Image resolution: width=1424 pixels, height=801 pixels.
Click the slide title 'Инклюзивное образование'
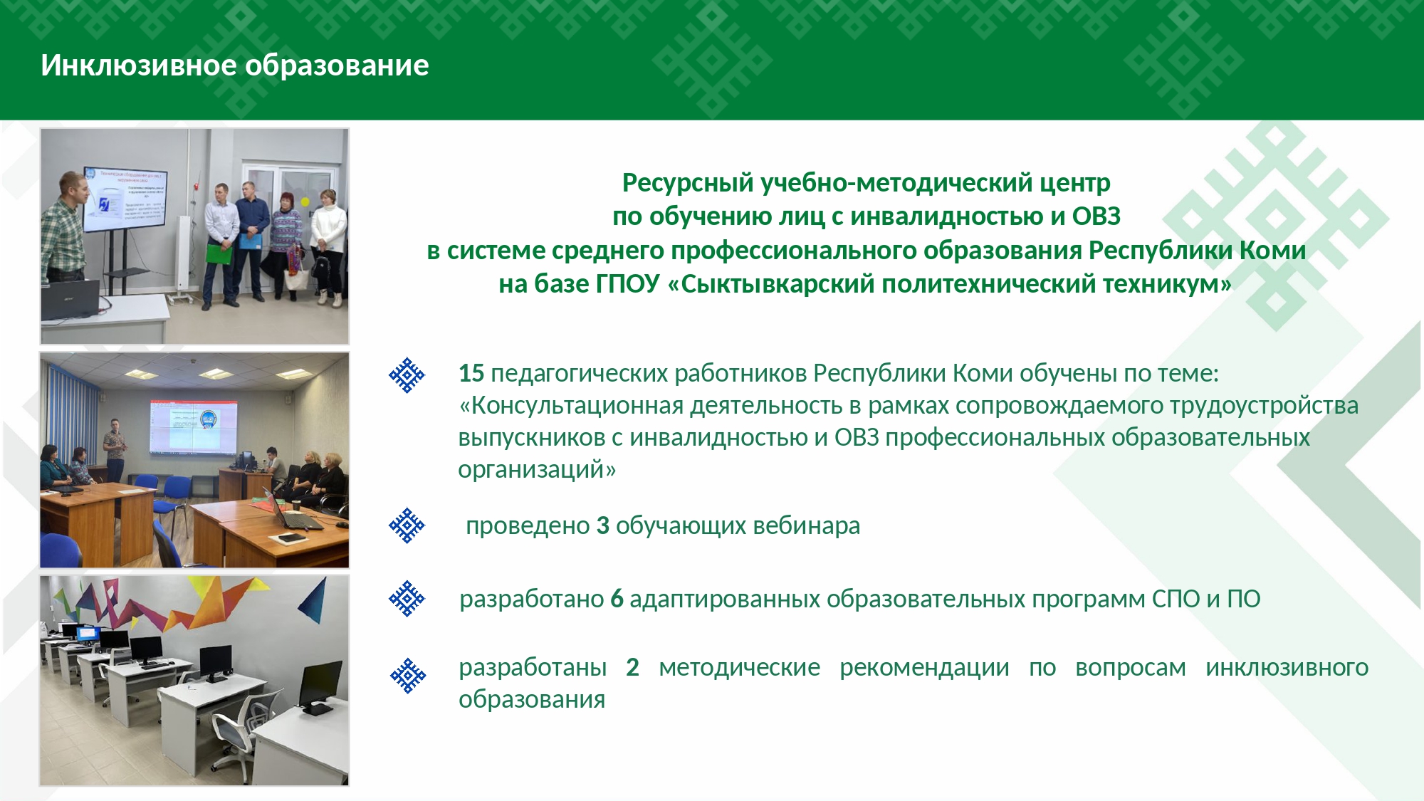tap(235, 66)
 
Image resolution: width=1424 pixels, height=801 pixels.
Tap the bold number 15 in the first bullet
tap(471, 373)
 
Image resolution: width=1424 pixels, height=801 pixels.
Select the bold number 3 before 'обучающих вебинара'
tap(603, 525)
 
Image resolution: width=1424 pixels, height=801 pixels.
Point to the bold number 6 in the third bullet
tap(617, 600)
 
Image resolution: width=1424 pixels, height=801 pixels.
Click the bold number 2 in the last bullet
tap(632, 667)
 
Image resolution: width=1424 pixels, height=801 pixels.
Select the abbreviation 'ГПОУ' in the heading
tap(628, 284)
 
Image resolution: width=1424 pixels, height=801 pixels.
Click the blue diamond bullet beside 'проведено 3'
tap(407, 525)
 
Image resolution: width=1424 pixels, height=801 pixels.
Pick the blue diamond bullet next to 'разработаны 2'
tap(408, 676)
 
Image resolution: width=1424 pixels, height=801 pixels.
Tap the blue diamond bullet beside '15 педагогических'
tap(407, 375)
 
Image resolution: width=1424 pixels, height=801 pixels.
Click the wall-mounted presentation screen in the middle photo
tap(193, 426)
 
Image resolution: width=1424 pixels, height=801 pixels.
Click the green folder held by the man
tap(219, 253)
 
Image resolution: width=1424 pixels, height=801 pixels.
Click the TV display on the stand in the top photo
tap(125, 200)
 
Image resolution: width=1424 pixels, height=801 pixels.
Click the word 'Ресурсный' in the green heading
tap(688, 183)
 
